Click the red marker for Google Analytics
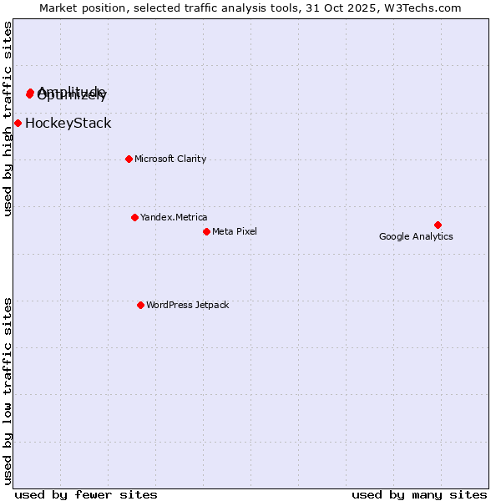pyautogui.click(x=438, y=225)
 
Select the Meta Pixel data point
pyautogui.click(x=206, y=231)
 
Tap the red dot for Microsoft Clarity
pyautogui.click(x=129, y=159)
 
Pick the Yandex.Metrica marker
pyautogui.click(x=134, y=217)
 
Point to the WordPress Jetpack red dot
pyautogui.click(x=140, y=305)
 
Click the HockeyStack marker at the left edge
pyautogui.click(x=18, y=123)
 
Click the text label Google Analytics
pyautogui.click(x=416, y=236)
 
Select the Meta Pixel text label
pyautogui.click(x=235, y=231)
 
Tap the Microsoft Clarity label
pyautogui.click(x=170, y=159)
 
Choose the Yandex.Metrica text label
pyautogui.click(x=174, y=217)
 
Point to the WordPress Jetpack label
pyautogui.click(x=187, y=305)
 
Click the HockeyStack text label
pyautogui.click(x=68, y=124)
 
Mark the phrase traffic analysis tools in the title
pyautogui.click(x=235, y=8)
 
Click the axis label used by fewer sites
pyautogui.click(x=86, y=494)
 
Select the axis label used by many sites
pyautogui.click(x=419, y=494)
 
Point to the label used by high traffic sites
pyautogui.click(x=8, y=119)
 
